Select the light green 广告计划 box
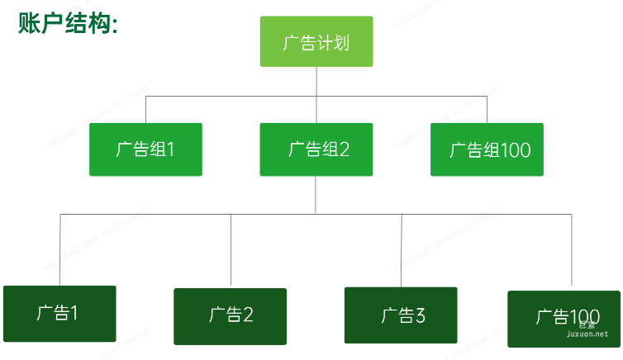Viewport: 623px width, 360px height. pyautogui.click(x=316, y=41)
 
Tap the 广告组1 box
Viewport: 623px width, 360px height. pyautogui.click(x=145, y=149)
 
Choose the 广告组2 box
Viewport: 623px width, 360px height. pyautogui.click(x=316, y=149)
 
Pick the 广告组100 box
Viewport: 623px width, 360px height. pyautogui.click(x=487, y=149)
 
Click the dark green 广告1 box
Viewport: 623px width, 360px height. pyautogui.click(x=59, y=313)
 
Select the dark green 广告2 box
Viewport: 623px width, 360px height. pyautogui.click(x=230, y=315)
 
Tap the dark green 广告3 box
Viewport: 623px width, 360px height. pyautogui.click(x=401, y=315)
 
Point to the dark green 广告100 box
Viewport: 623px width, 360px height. pyautogui.click(x=564, y=318)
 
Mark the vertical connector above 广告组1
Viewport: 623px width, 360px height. pyautogui.click(x=146, y=109)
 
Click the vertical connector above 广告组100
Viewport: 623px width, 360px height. pyautogui.click(x=487, y=109)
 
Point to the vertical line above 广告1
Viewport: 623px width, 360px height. pyautogui.click(x=59, y=249)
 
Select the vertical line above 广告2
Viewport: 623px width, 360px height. pyautogui.click(x=231, y=250)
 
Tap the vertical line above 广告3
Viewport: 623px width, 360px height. pyautogui.click(x=402, y=250)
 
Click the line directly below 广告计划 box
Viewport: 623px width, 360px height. pyautogui.click(x=316, y=81)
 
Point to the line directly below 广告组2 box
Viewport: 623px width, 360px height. pyautogui.click(x=316, y=195)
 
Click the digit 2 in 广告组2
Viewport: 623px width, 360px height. pyautogui.click(x=344, y=149)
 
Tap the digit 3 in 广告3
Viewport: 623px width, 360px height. pyautogui.click(x=420, y=315)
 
